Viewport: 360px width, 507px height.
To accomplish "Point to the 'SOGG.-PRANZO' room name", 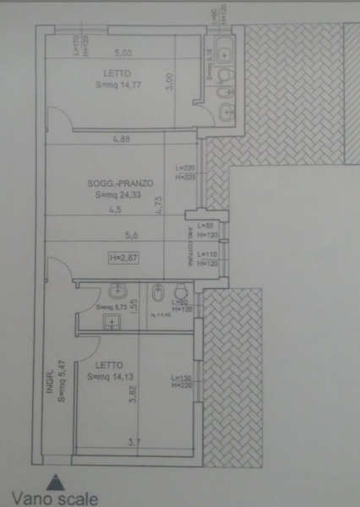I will click(x=112, y=183).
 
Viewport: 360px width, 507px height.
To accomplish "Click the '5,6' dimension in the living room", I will click(x=131, y=236).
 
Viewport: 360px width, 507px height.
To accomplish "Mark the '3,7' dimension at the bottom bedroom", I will click(x=134, y=441).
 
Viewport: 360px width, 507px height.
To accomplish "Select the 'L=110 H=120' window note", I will click(x=207, y=259).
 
